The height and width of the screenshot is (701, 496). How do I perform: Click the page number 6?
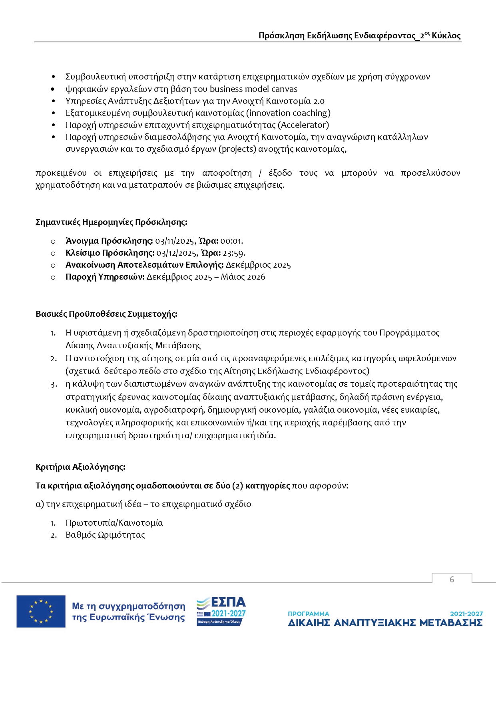point(452,580)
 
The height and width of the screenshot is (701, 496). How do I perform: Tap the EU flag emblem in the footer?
point(41,611)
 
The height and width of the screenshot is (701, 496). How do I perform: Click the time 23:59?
point(233,253)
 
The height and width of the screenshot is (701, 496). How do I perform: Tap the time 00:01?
point(231,241)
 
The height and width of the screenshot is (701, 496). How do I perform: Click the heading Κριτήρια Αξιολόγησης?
point(80,467)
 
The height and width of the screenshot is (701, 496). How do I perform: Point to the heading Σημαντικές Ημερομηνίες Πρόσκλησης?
point(111,222)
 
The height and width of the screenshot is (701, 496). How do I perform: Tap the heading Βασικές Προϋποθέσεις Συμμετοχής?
point(106,314)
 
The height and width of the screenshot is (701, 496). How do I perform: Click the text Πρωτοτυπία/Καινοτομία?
point(114,523)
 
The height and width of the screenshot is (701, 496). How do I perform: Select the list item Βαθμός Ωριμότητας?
point(105,535)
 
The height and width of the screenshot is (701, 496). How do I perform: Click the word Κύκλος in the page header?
point(446,36)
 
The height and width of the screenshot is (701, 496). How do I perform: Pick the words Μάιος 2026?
point(243,277)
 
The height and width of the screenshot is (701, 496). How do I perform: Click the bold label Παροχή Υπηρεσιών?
point(105,277)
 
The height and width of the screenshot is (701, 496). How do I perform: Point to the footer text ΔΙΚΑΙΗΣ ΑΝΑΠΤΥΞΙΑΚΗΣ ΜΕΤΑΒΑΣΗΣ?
point(385,623)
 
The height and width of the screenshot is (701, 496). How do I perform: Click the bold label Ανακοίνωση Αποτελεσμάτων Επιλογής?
point(144,265)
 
